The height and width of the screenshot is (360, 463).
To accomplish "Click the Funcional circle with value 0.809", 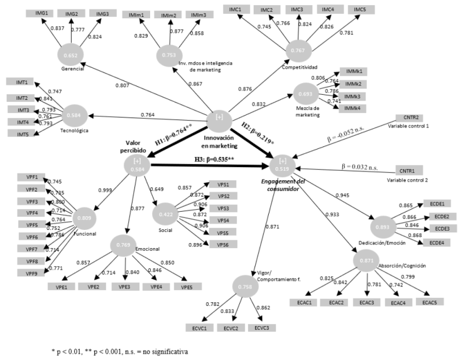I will tap(85, 219).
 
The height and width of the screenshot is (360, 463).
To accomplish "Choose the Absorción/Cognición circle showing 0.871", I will tap(356, 260).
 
